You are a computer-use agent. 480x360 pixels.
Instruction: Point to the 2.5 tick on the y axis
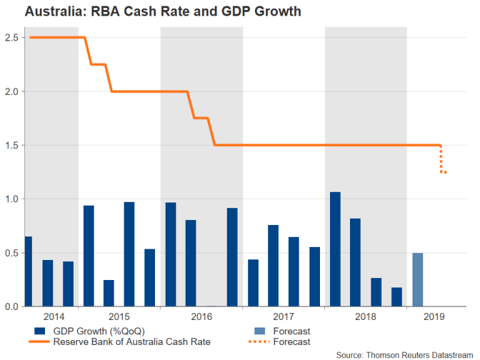(x=11, y=37)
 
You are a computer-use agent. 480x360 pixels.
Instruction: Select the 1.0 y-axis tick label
(x=11, y=199)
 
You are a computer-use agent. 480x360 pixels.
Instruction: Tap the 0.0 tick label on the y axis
(x=11, y=307)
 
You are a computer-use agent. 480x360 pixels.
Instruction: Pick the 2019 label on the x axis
(x=434, y=317)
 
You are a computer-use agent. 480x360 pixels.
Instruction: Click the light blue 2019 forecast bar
(x=417, y=279)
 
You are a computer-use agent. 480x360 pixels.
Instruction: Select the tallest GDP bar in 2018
(x=335, y=249)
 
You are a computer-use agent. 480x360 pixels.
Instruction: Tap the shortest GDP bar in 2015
(x=109, y=293)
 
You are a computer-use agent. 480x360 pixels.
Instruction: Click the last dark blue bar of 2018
(x=397, y=297)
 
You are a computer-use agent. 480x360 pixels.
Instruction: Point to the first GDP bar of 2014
(x=28, y=271)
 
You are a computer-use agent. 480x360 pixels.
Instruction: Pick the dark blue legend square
(x=40, y=331)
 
